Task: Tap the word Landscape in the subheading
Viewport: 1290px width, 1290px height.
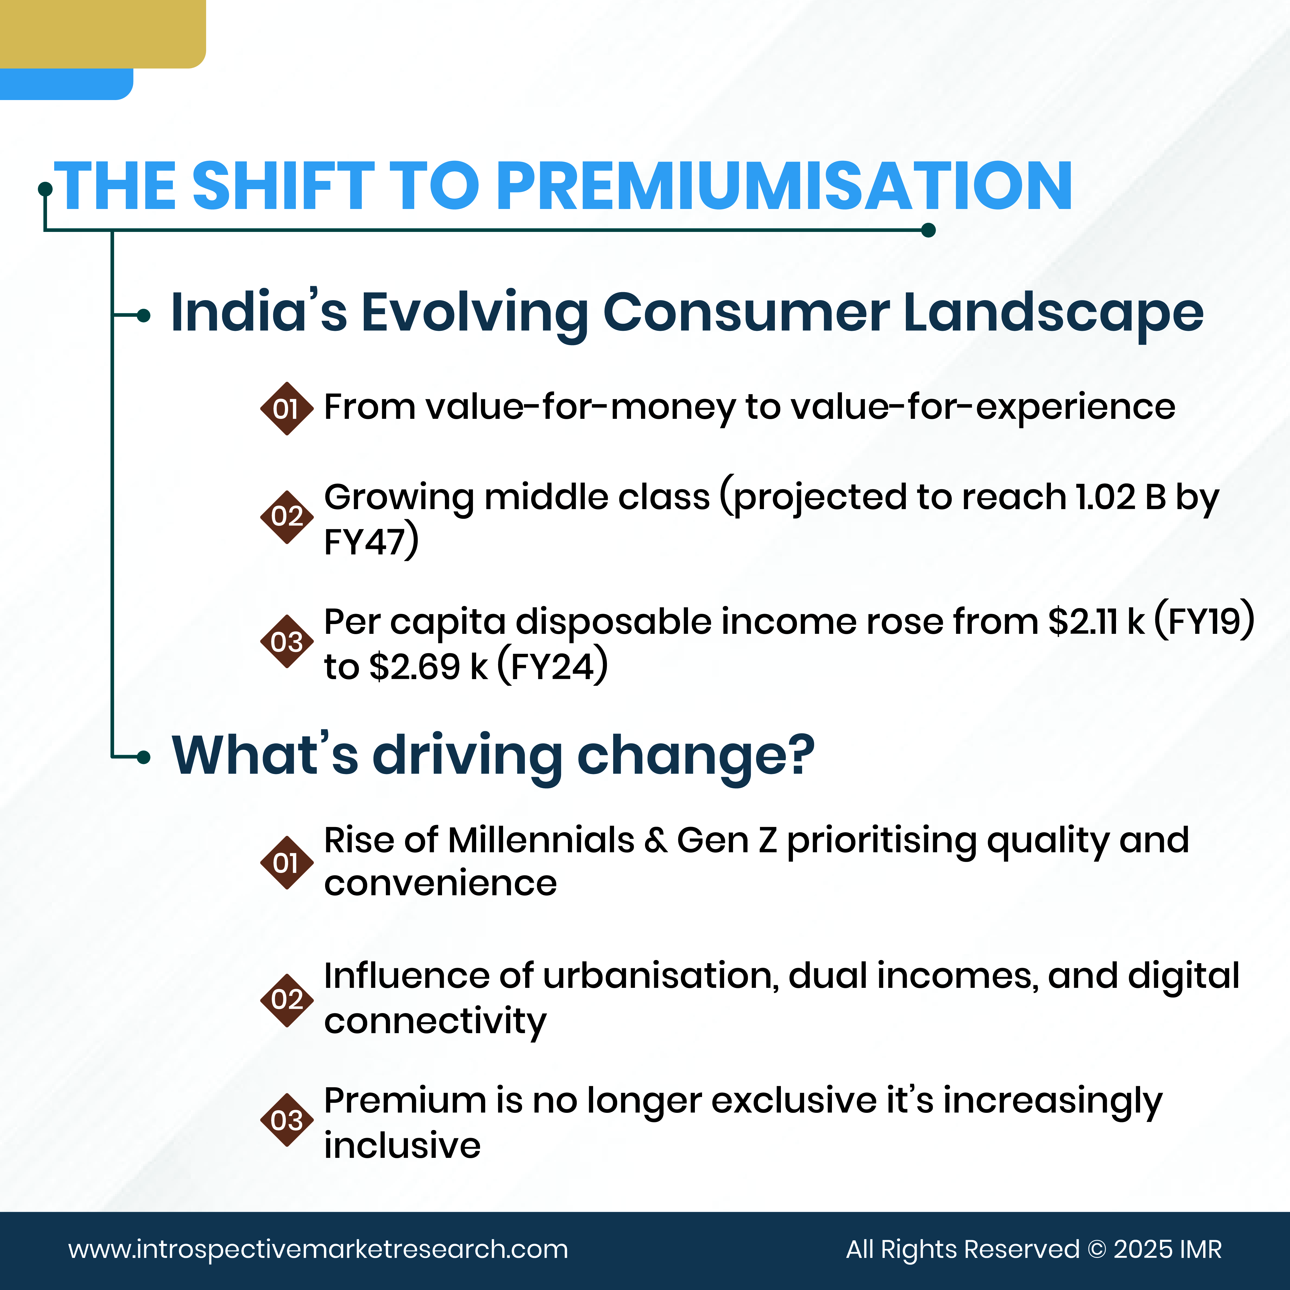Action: click(x=1053, y=312)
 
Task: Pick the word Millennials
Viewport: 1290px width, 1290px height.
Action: click(x=541, y=841)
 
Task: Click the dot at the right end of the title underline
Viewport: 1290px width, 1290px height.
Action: click(x=928, y=230)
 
